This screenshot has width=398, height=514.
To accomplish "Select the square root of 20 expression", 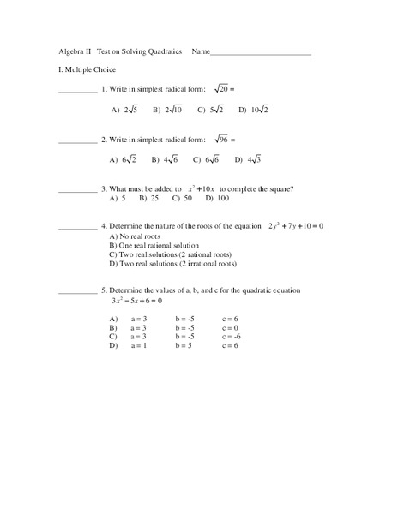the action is coord(225,88).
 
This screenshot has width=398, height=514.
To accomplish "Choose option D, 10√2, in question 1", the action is coord(254,110).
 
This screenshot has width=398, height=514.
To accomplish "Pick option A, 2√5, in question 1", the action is coord(124,110).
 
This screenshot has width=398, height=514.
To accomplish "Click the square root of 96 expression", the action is coord(225,139).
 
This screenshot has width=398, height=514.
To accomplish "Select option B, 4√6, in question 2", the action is coord(165,159).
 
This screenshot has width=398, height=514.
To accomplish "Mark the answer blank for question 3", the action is coord(77,190).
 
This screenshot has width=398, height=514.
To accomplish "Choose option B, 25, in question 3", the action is coord(149,199).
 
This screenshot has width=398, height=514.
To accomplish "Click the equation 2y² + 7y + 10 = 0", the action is coord(296,226).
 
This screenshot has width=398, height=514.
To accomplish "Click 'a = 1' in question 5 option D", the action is coord(139,346).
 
